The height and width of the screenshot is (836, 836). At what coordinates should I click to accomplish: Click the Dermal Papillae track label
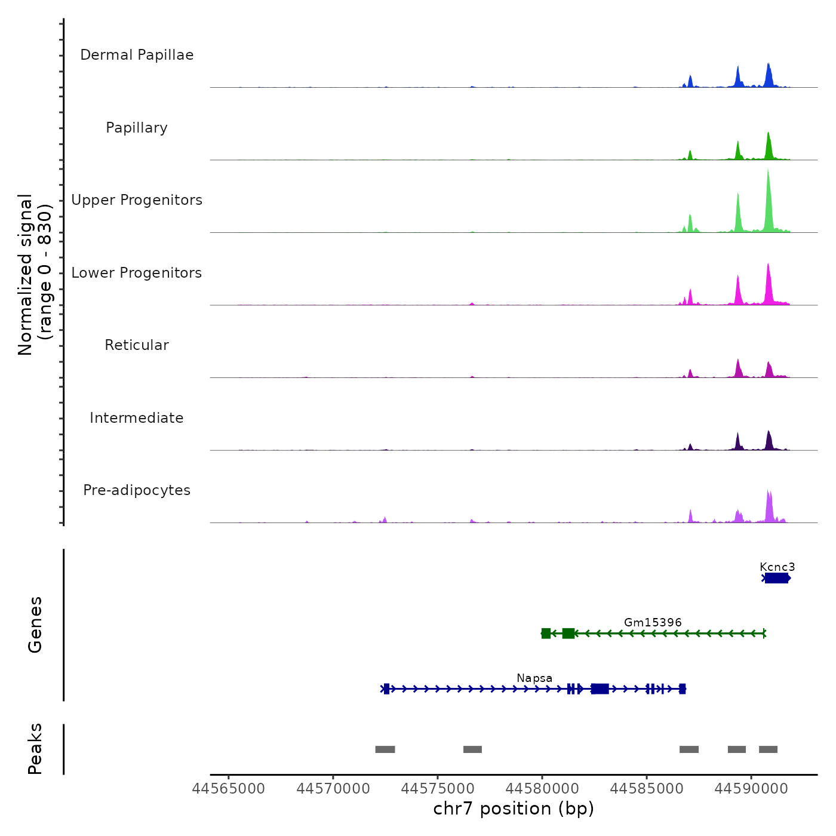pos(137,55)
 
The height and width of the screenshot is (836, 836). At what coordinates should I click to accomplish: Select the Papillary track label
pos(137,128)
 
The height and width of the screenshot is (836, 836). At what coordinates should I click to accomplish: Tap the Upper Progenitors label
pos(137,200)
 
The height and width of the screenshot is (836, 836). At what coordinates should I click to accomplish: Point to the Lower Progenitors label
pos(137,273)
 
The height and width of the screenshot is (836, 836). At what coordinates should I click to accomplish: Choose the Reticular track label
pos(137,345)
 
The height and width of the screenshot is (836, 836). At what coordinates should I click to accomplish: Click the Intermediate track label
pos(137,418)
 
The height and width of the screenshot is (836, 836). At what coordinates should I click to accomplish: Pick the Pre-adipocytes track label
pos(137,490)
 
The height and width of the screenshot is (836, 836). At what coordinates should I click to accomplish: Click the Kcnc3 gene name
pos(777,567)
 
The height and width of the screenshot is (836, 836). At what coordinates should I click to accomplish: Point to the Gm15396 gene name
pos(653,622)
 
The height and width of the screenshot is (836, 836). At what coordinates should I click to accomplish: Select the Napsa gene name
pos(534,678)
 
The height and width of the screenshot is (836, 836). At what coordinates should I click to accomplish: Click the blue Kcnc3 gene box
pos(776,578)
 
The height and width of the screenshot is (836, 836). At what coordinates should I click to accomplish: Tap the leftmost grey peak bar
pos(385,749)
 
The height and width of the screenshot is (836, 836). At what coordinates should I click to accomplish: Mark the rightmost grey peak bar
pos(768,749)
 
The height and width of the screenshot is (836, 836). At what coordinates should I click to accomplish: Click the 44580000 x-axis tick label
pos(542,789)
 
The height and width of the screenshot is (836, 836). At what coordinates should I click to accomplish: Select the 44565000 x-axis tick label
pos(229,789)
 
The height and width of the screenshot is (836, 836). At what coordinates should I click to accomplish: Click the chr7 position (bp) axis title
pos(514,809)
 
